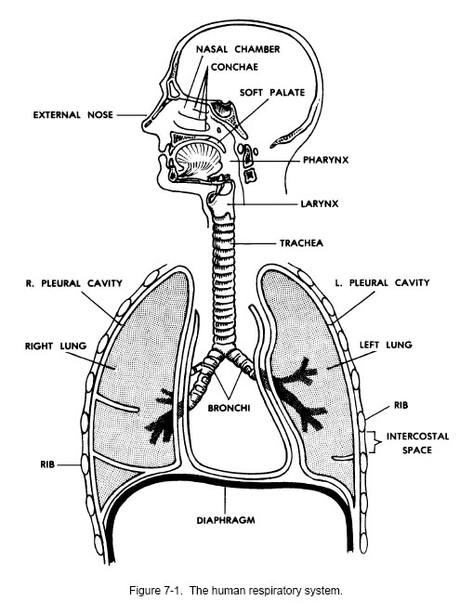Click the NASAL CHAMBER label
coord(238,49)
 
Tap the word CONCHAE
coord(234,67)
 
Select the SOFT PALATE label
coord(272,92)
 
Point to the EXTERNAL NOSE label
coord(72,115)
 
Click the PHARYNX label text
coord(325,160)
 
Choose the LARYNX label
coord(320,204)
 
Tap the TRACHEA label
coord(301,243)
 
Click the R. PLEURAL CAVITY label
coord(74,283)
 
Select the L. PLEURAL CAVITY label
coord(382,282)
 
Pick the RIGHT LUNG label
coord(56,346)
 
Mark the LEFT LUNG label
coord(386,345)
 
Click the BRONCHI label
coord(229,408)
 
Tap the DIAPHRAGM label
coord(225,520)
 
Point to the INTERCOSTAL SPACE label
coord(417,443)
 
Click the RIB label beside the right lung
coord(47,464)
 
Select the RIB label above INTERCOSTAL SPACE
coord(401,405)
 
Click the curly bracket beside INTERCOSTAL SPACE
coord(375,442)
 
